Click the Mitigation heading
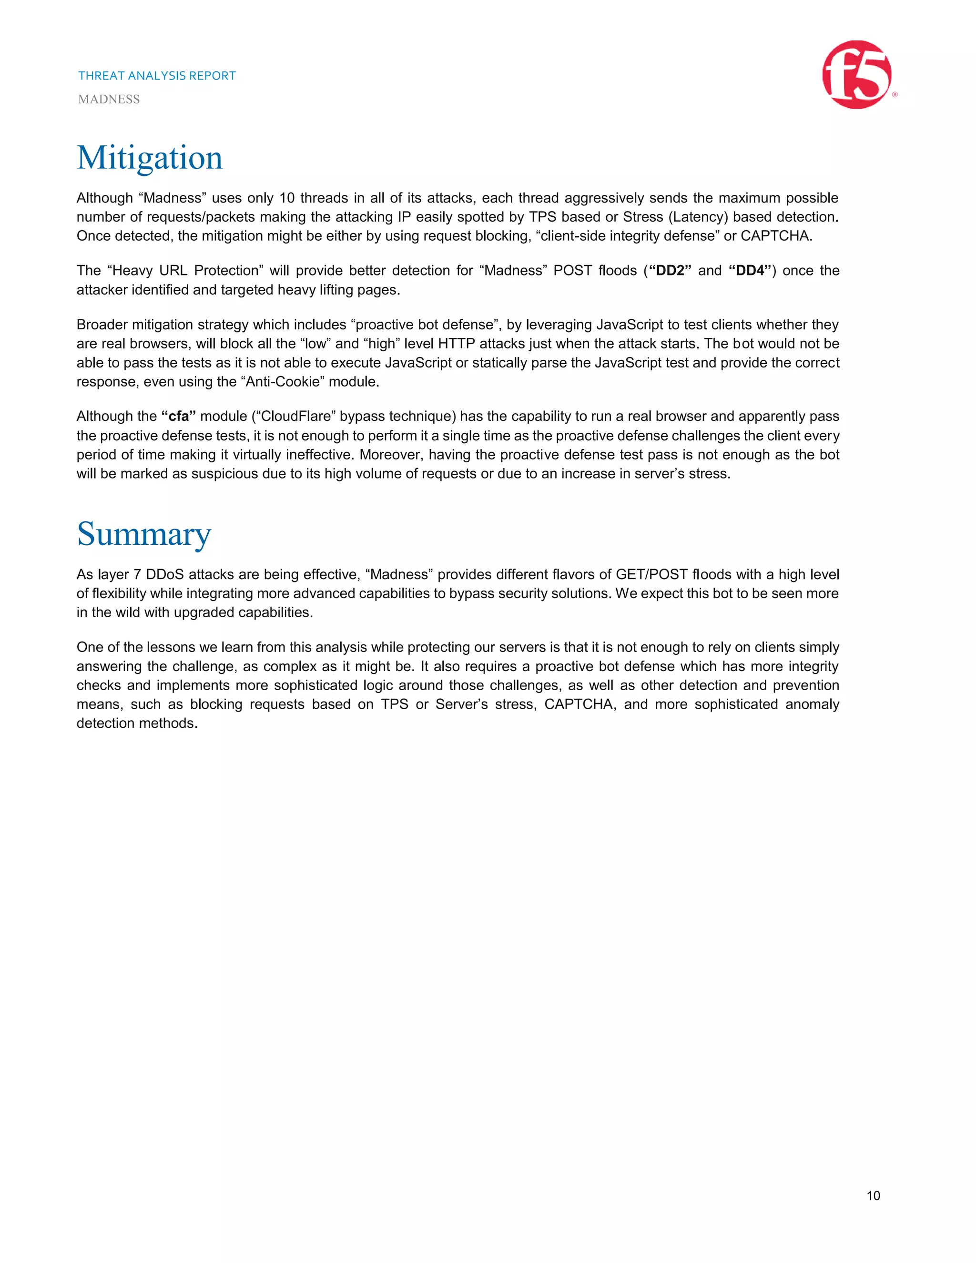150,158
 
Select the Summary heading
144,534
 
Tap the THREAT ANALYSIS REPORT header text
157,76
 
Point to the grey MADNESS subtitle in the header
109,100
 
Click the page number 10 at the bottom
873,1196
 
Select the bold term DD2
670,271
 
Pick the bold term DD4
750,271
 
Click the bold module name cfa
179,417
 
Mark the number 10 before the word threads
287,198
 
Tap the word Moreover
391,455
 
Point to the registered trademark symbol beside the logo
895,95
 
